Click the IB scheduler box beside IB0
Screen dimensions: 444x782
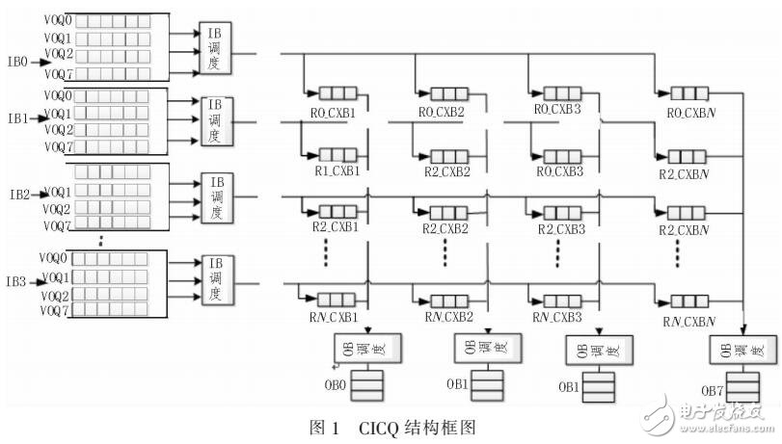coord(214,48)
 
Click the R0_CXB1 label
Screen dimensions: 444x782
coord(335,112)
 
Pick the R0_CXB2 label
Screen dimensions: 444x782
coord(445,112)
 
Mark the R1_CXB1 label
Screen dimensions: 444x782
coord(335,171)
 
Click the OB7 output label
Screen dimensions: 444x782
coord(712,390)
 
